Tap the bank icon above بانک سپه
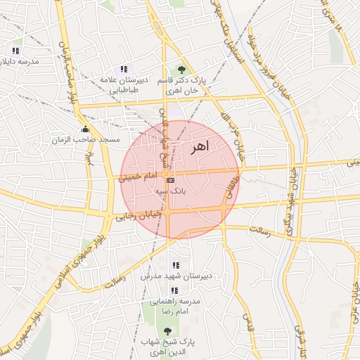pyautogui.click(x=169, y=181)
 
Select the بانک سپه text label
pyautogui.click(x=169, y=191)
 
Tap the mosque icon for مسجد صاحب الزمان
pyautogui.click(x=86, y=129)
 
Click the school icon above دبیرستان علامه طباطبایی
pyautogui.click(x=124, y=69)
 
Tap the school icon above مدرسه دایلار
pyautogui.click(x=15, y=51)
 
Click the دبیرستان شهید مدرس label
pyautogui.click(x=175, y=276)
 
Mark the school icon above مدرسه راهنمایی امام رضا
pyautogui.click(x=174, y=290)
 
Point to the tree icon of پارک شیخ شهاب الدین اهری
pyautogui.click(x=167, y=331)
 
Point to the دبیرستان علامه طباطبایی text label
pyautogui.click(x=124, y=85)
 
